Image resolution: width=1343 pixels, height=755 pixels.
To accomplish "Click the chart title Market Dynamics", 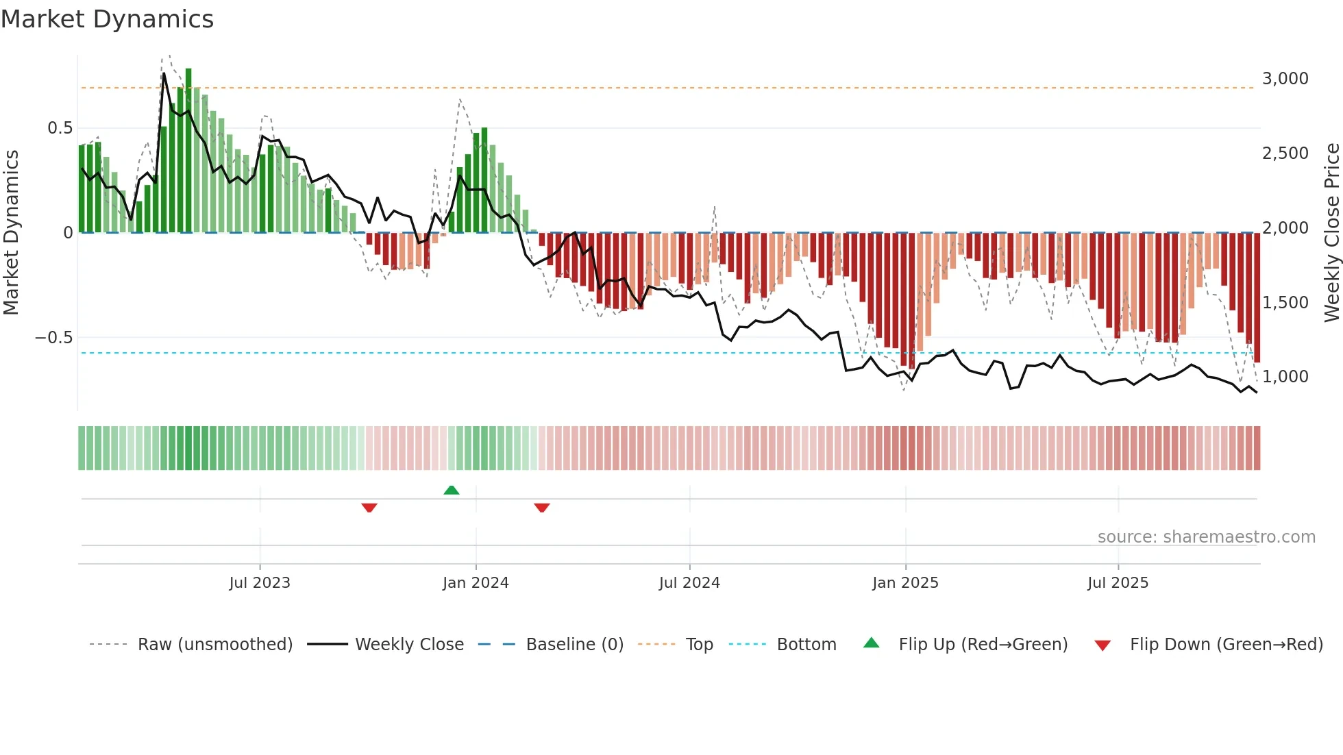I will coord(108,19).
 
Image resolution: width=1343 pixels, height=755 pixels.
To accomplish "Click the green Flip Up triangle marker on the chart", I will coord(452,491).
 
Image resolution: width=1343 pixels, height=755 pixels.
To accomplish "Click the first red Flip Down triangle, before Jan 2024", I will coord(369,508).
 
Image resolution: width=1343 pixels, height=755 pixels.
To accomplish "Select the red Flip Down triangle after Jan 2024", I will coord(542,508).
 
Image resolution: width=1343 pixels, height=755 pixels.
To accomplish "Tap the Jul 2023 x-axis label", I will coord(260,583).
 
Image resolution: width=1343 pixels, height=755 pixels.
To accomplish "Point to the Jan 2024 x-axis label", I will coord(476,583).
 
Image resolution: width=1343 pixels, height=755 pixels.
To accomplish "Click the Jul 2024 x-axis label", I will coord(689,583).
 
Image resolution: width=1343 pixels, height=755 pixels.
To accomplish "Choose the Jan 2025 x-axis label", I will coord(905,583).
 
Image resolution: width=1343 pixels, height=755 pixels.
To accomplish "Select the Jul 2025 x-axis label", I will coord(1118,583).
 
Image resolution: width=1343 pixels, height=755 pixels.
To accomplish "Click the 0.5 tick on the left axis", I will coord(60,128).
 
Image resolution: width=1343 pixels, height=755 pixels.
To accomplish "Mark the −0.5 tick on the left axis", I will coord(53,338).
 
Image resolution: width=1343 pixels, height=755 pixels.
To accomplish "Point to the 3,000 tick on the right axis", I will coord(1285,79).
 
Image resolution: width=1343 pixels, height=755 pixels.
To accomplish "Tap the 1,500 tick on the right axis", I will coord(1285,302).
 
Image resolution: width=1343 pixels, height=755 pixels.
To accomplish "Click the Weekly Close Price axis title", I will coord(1331,232).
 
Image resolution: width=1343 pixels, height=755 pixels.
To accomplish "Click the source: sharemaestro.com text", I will coord(1206,537).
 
